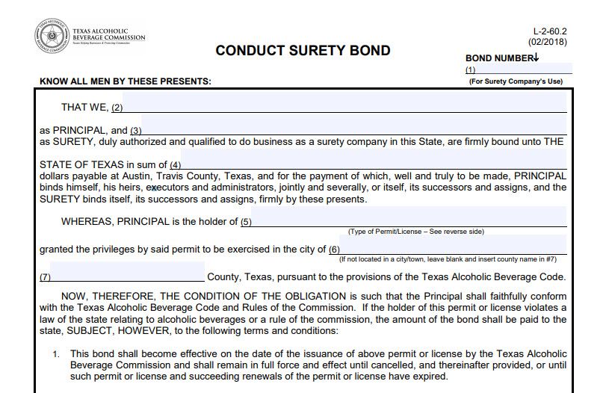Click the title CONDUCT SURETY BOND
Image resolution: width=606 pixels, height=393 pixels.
[303, 51]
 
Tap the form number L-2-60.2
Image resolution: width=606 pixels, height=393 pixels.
[550, 31]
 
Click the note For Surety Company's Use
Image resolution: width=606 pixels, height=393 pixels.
[516, 81]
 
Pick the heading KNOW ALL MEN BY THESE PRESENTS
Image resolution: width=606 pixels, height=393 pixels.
[126, 81]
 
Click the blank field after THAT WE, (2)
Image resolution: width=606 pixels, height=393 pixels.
[344, 107]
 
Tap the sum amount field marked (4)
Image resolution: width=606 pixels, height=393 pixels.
[374, 164]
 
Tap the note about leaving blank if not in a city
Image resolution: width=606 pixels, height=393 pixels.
[448, 259]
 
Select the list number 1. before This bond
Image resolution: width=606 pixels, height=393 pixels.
[56, 354]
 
